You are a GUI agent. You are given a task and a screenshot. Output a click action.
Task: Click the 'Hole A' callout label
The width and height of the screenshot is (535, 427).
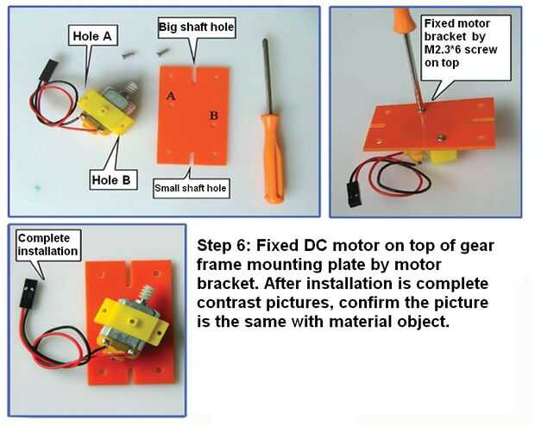(x=93, y=35)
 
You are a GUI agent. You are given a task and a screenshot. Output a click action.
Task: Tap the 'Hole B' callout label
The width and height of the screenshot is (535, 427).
(x=111, y=179)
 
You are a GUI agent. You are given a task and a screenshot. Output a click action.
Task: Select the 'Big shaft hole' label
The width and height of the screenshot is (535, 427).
(x=197, y=27)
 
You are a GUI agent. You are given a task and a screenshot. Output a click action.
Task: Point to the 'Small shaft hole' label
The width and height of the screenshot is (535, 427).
(x=191, y=188)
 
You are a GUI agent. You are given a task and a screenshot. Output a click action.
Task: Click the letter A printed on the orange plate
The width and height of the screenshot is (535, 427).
(x=171, y=96)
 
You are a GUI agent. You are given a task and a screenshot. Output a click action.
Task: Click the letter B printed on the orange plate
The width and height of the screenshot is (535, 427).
(x=214, y=116)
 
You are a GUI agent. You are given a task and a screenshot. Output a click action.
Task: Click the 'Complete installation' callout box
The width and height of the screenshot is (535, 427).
(x=48, y=245)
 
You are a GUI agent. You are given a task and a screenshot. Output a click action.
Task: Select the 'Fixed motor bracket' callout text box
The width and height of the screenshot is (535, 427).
(x=466, y=47)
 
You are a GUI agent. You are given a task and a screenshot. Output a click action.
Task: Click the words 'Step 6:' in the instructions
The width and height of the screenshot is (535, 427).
(x=224, y=245)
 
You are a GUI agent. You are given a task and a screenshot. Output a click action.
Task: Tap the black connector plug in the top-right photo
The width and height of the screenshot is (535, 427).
(x=354, y=194)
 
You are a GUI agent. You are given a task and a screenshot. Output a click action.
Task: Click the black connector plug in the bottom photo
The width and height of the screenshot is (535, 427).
(x=28, y=292)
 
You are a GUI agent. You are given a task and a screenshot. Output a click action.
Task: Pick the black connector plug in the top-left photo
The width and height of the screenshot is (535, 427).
(x=47, y=70)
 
